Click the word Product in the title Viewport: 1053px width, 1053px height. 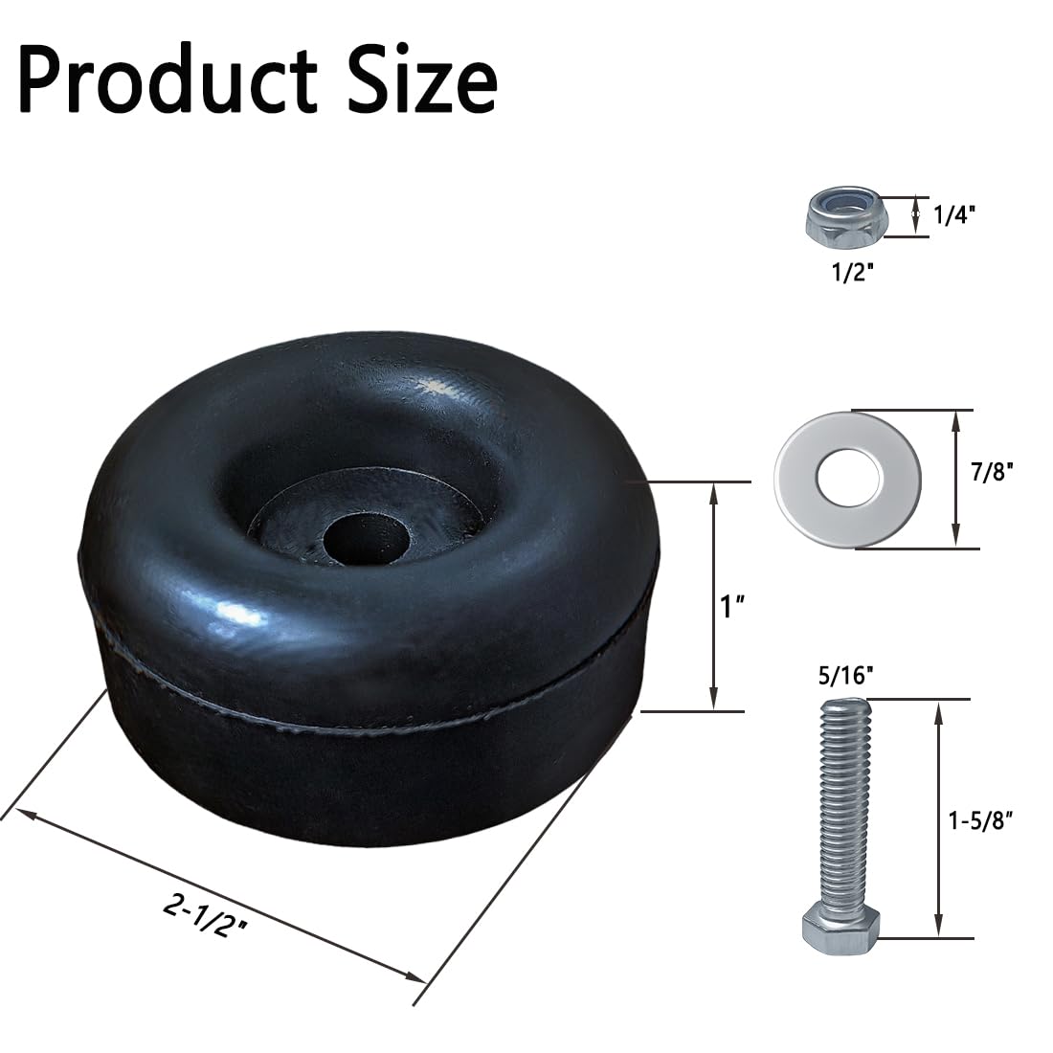pyautogui.click(x=168, y=81)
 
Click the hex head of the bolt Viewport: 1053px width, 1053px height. pyautogui.click(x=840, y=927)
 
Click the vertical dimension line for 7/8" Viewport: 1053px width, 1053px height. pyautogui.click(x=955, y=479)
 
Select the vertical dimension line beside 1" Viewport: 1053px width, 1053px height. pyautogui.click(x=713, y=598)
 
